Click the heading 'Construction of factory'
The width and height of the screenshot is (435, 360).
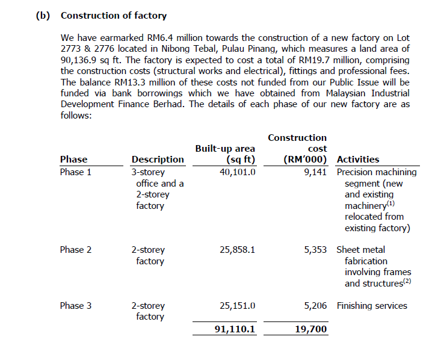click(114, 15)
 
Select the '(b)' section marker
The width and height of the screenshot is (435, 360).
click(43, 15)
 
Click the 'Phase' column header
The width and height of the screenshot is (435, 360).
click(73, 160)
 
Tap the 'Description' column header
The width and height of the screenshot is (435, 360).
click(158, 160)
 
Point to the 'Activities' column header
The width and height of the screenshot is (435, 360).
click(358, 160)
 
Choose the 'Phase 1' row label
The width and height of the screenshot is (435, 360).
click(76, 172)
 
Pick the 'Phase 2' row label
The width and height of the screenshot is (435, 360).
click(76, 250)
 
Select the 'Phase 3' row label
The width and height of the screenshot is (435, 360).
click(76, 306)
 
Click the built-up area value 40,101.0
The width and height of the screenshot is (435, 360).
click(238, 172)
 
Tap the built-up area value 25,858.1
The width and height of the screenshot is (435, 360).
click(238, 250)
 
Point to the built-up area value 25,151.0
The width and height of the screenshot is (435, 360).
click(238, 306)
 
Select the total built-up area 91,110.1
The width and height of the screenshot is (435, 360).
click(235, 329)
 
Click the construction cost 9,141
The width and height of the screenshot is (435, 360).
click(316, 172)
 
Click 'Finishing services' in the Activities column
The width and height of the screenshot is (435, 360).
click(372, 306)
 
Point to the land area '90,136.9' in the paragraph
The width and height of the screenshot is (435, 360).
click(80, 60)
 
